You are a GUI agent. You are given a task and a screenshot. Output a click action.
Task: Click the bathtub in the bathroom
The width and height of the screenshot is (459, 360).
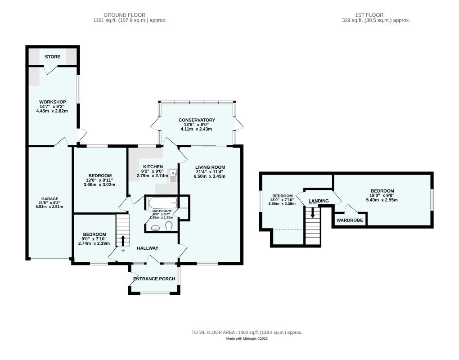pyautogui.click(x=162, y=202)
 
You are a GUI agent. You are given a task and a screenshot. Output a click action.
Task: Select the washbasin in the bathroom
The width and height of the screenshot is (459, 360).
pyautogui.click(x=156, y=228)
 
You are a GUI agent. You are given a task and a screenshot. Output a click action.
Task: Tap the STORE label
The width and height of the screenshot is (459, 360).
pyautogui.click(x=52, y=57)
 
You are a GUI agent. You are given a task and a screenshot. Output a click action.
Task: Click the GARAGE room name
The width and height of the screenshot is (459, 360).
pyautogui.click(x=50, y=199)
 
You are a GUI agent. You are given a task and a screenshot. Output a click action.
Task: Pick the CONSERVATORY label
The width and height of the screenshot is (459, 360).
pyautogui.click(x=197, y=120)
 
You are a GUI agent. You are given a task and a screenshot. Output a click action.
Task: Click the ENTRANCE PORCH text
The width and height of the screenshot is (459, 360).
pyautogui.click(x=154, y=279)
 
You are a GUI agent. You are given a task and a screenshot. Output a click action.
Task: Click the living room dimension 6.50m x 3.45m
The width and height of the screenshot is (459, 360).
pyautogui.click(x=210, y=176)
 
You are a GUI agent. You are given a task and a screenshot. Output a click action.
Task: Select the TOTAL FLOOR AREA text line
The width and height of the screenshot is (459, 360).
pyautogui.click(x=247, y=332)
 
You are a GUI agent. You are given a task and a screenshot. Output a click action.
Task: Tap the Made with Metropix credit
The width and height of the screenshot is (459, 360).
pyautogui.click(x=247, y=338)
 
